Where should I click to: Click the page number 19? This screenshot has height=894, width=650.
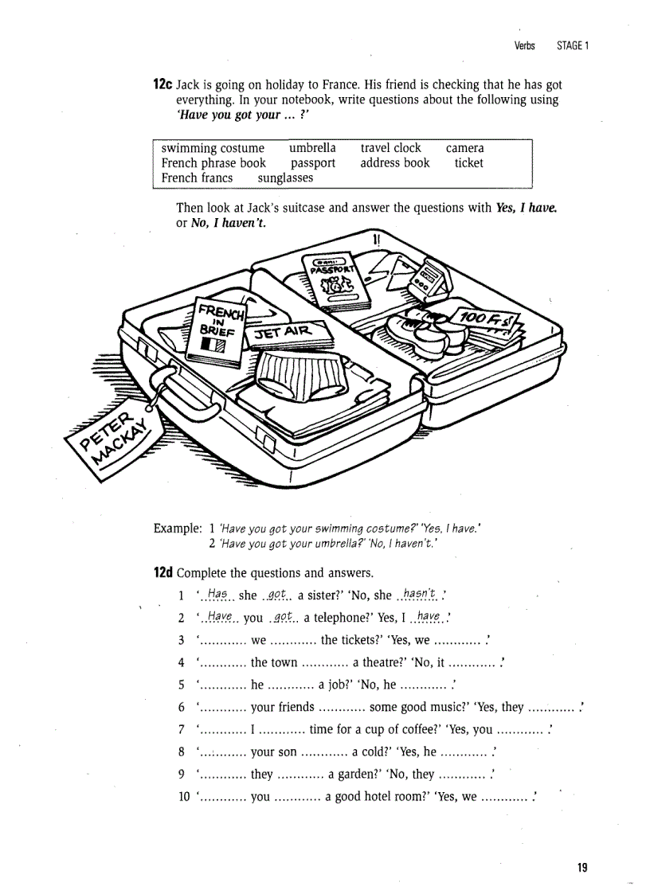pyautogui.click(x=582, y=867)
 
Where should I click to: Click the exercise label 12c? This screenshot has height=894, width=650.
pyautogui.click(x=162, y=84)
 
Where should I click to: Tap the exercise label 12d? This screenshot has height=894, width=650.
pyautogui.click(x=162, y=572)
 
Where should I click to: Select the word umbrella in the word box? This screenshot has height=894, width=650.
pyautogui.click(x=312, y=148)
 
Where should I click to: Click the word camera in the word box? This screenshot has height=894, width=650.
pyautogui.click(x=464, y=148)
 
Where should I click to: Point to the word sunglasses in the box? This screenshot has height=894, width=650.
pyautogui.click(x=285, y=178)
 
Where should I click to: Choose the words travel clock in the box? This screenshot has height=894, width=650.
pyautogui.click(x=390, y=148)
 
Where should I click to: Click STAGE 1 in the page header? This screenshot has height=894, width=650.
pyautogui.click(x=572, y=45)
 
